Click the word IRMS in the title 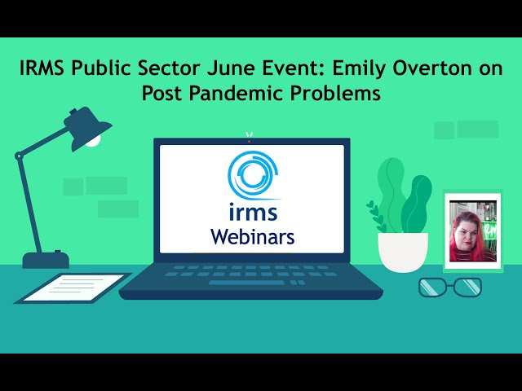pyautogui.click(x=42, y=68)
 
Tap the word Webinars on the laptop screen pyautogui.click(x=252, y=237)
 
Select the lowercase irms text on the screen pyautogui.click(x=253, y=213)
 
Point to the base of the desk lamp pyautogui.click(x=46, y=260)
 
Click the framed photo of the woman pyautogui.click(x=473, y=231)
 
